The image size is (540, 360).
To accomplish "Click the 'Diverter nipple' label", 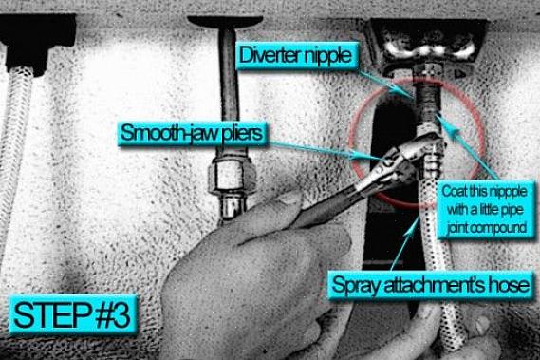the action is coord(296,55).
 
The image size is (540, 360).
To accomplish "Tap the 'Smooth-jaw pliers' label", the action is coord(192,133).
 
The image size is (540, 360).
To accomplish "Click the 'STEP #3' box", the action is coord(73,315).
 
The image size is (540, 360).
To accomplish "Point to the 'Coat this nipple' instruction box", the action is coord(485,210).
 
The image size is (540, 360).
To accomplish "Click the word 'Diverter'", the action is coord(268,54).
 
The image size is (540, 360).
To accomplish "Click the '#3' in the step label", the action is coord(113,315).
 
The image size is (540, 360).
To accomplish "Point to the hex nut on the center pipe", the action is coord(232,174).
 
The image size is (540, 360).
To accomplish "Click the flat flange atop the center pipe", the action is coord(225,22).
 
